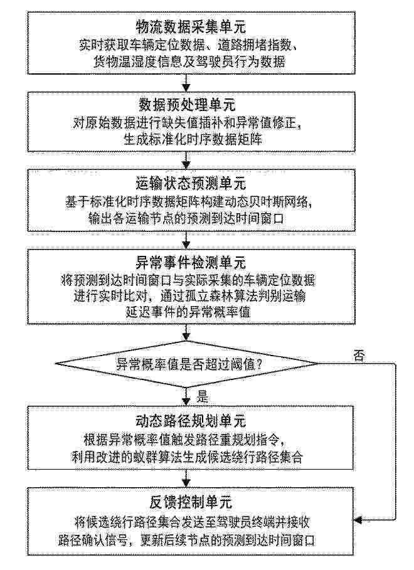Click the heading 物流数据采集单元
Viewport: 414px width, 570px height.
tap(191, 26)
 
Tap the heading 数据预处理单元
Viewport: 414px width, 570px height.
tap(187, 105)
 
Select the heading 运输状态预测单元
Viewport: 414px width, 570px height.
tap(191, 184)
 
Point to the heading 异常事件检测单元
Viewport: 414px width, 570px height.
tap(191, 263)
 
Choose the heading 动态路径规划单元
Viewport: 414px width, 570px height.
tap(191, 421)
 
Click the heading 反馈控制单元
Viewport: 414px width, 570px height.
tap(191, 502)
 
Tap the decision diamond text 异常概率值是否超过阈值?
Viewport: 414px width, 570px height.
tap(189, 364)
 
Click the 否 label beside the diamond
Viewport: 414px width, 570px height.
tap(359, 355)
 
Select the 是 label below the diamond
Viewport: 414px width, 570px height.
tap(203, 396)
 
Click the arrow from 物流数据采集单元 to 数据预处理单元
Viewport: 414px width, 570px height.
tap(186, 83)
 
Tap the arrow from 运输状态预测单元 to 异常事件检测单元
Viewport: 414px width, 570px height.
tap(186, 240)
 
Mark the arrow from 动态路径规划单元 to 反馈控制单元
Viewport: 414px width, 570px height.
tap(186, 478)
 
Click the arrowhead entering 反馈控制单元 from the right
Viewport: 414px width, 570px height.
tap(358, 520)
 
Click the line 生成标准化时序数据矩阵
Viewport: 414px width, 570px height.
tap(193, 139)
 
